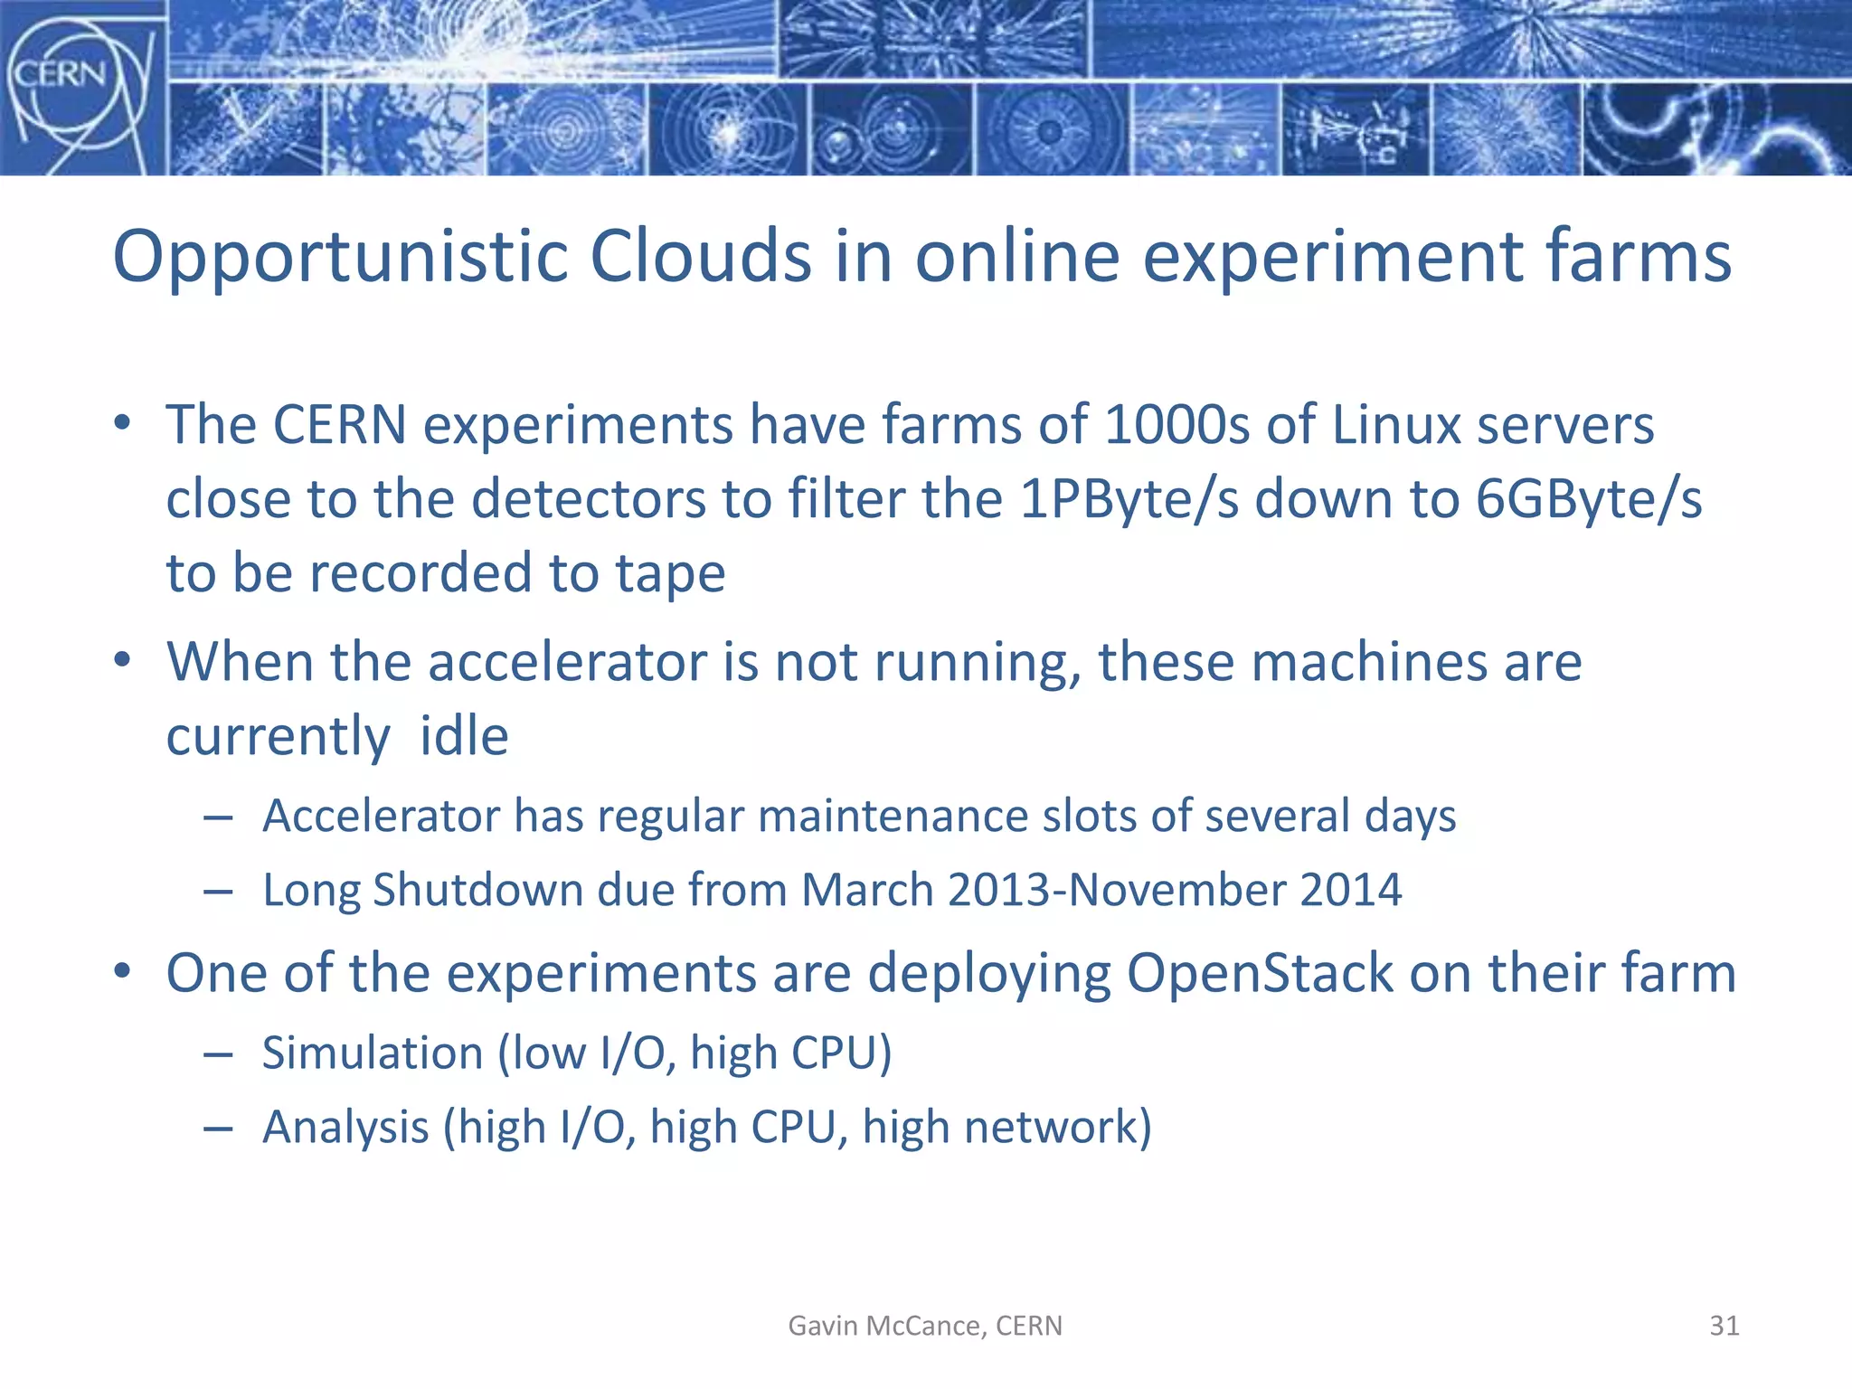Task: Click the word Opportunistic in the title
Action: pos(339,257)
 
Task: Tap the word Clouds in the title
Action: pos(701,257)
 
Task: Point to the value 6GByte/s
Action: pos(1588,499)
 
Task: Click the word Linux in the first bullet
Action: pos(1396,425)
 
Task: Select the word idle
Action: pos(464,736)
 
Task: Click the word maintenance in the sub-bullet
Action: pos(893,816)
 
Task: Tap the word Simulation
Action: pos(373,1054)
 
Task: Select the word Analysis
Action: pos(345,1128)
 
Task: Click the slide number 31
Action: pos(1724,1326)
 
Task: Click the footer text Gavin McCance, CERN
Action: pos(925,1326)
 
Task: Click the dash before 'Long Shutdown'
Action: pos(218,892)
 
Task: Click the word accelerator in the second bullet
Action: pos(567,662)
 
